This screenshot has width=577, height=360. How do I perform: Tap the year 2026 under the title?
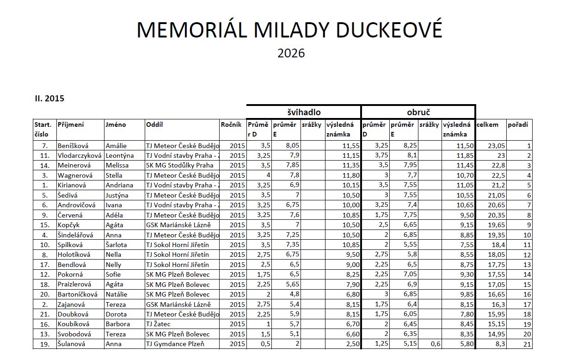[x=291, y=53]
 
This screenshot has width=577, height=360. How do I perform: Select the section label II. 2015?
[x=49, y=99]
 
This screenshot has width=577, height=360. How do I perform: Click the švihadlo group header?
[x=303, y=112]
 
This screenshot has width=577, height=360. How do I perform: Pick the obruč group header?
[x=418, y=112]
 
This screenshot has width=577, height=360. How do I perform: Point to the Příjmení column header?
[x=70, y=124]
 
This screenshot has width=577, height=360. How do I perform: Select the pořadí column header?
[x=517, y=124]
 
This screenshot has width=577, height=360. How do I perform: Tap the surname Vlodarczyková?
[x=80, y=155]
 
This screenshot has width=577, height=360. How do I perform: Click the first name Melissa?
[x=117, y=165]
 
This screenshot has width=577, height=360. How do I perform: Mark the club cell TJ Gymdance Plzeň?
[x=175, y=344]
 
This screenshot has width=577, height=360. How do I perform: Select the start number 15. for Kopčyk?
[x=45, y=225]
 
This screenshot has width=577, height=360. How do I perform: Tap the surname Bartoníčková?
[x=78, y=294]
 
